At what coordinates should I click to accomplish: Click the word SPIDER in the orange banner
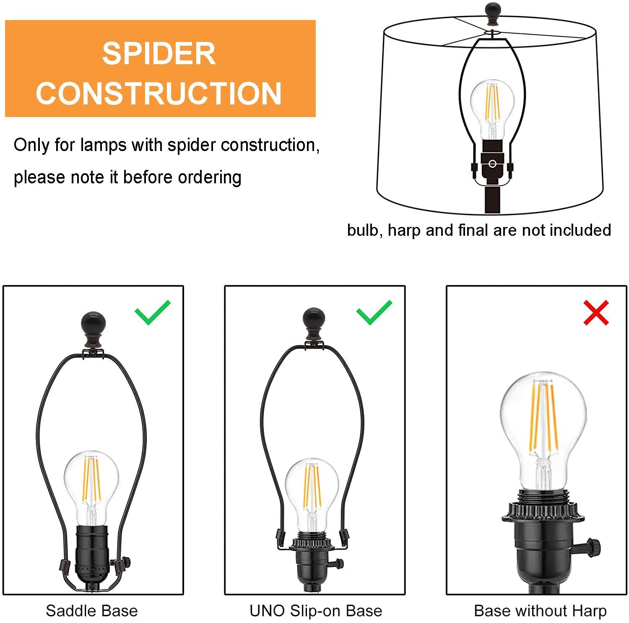pos(159,53)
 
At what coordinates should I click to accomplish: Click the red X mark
pos(595,313)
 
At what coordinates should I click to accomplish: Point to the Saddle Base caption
pos(91,611)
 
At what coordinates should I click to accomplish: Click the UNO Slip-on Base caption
pos(316,611)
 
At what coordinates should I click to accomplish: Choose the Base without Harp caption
pos(540,611)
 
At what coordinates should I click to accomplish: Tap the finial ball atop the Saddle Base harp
pos(93,323)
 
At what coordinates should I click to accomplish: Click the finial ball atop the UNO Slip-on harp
pos(314,319)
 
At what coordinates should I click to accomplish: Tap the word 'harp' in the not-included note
pos(404,230)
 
